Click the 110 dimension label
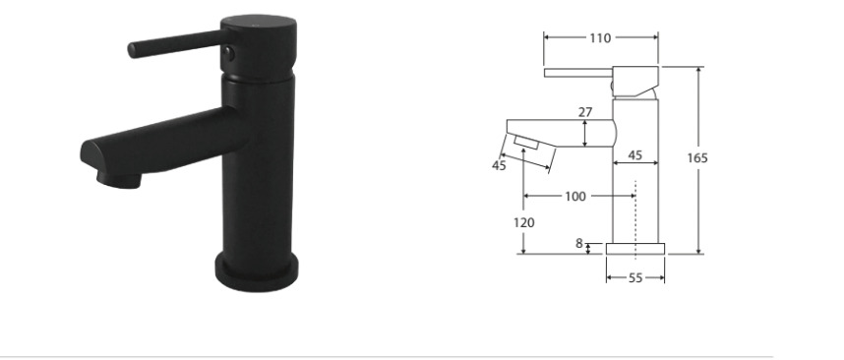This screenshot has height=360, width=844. coord(600,38)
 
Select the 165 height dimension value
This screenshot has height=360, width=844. coord(697,158)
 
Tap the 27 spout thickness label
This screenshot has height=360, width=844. coord(585,112)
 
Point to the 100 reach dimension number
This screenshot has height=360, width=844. coord(574,197)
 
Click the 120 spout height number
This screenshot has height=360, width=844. coord(524,222)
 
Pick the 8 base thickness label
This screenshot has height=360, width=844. coord(579,244)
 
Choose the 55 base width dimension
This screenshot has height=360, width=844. coord(635,278)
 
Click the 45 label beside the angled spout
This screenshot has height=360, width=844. coord(499,166)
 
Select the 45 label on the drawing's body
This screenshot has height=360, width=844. coord(635,155)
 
